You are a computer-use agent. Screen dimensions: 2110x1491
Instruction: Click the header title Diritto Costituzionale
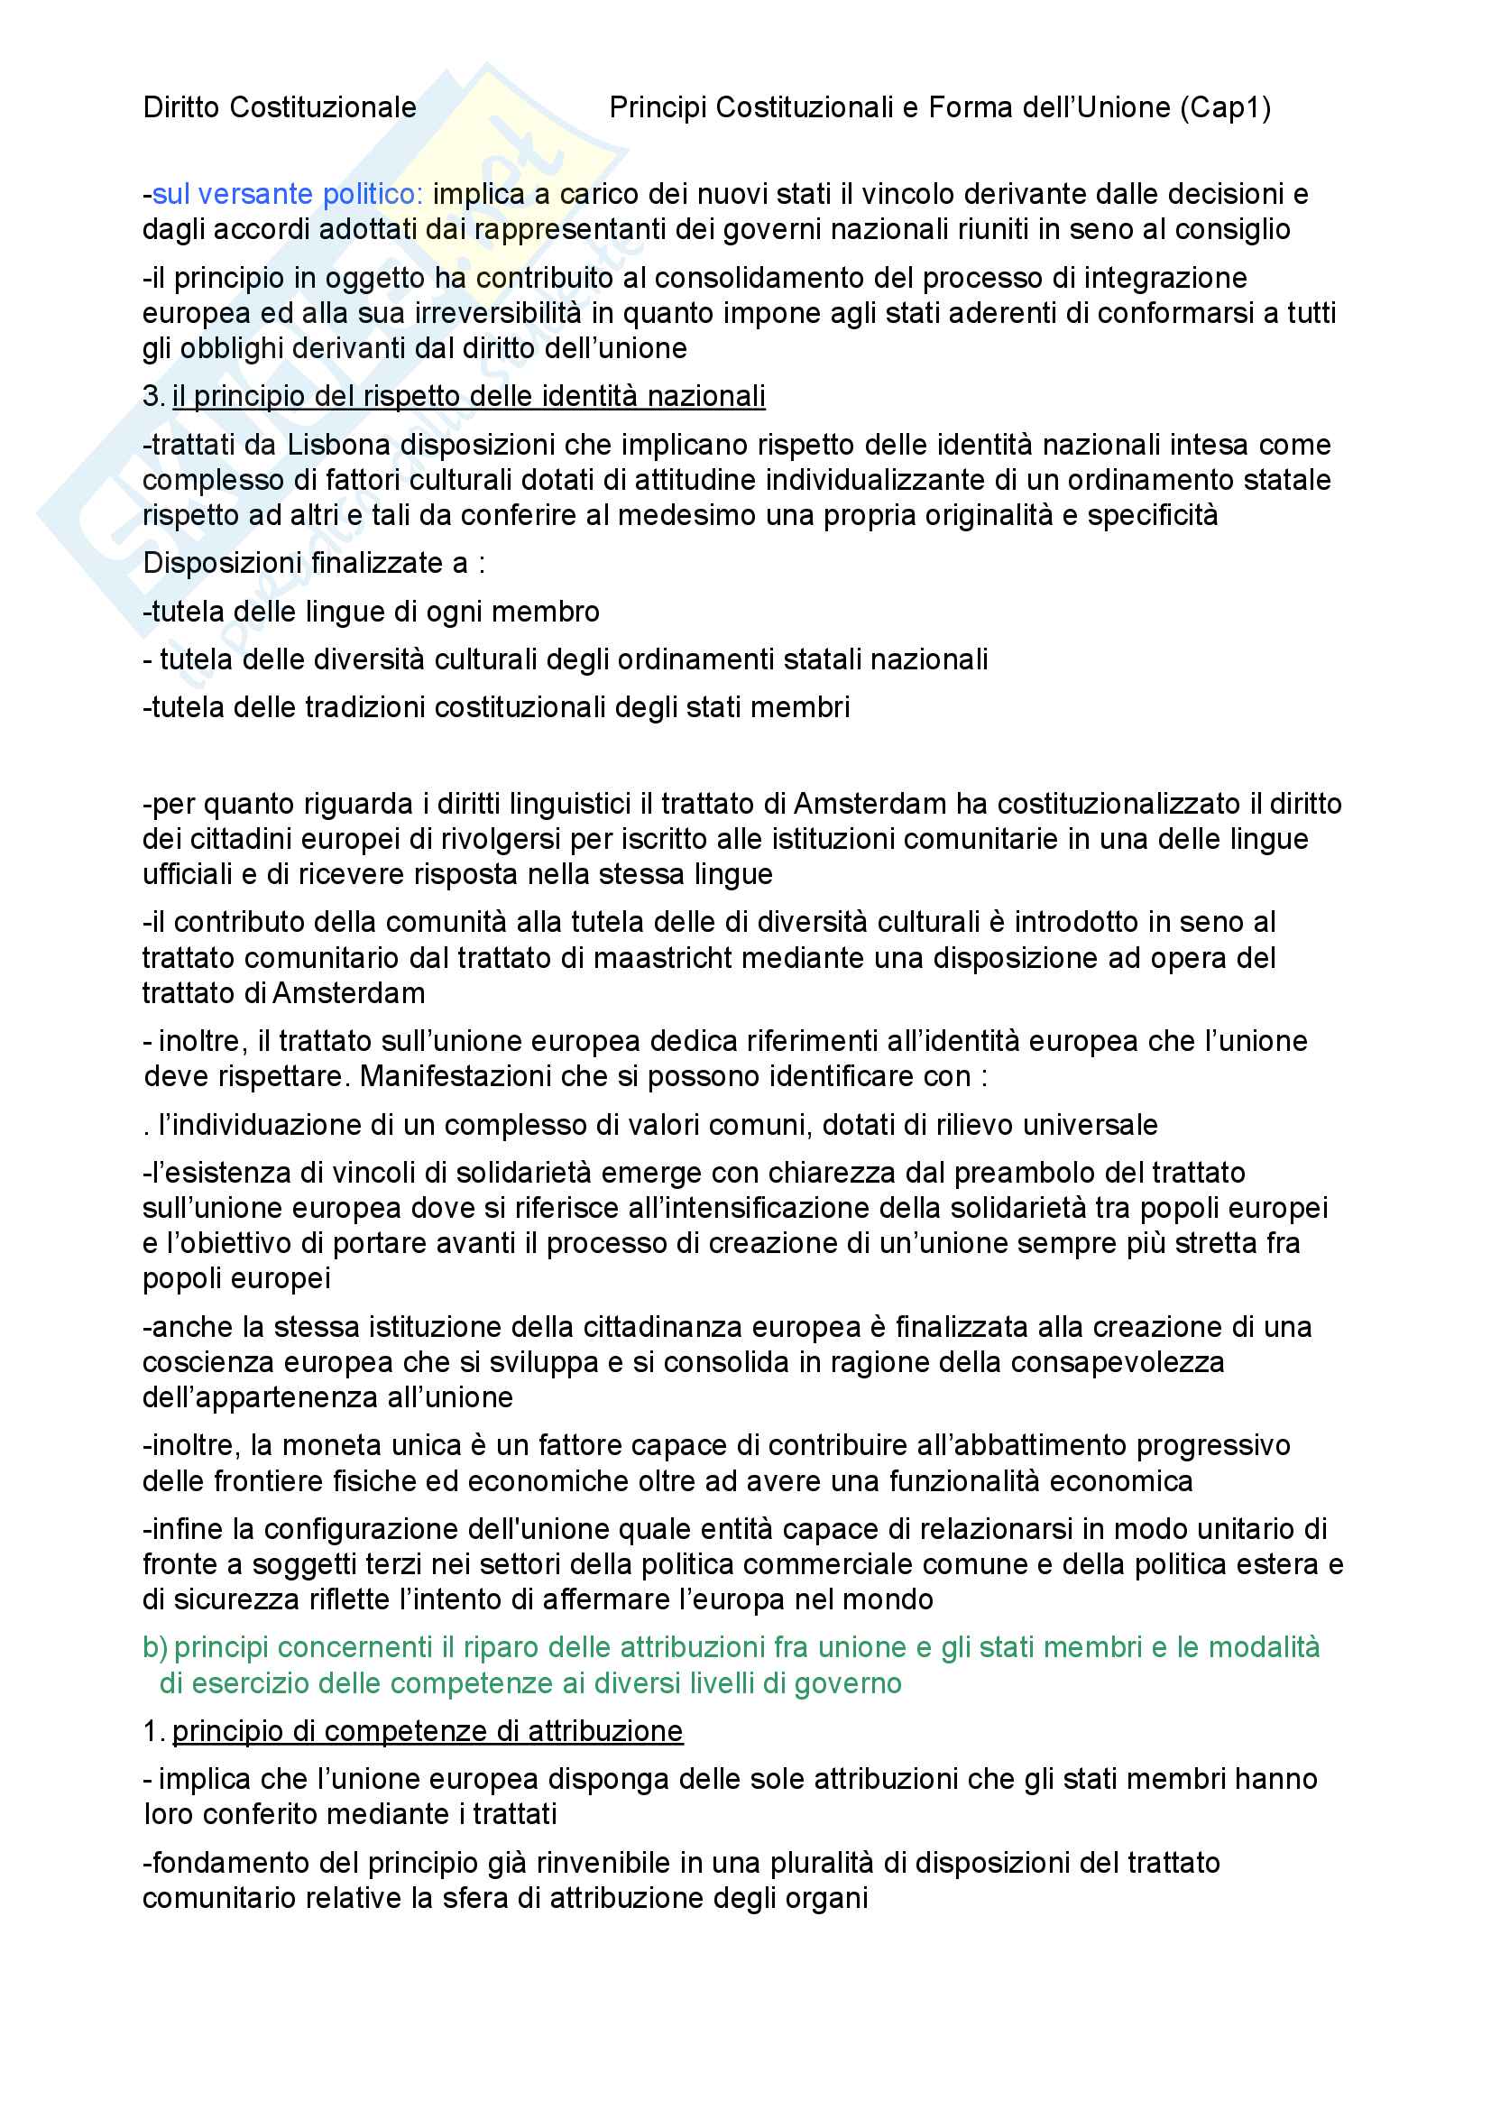(x=280, y=108)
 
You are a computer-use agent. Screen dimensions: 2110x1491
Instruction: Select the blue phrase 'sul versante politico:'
(x=287, y=195)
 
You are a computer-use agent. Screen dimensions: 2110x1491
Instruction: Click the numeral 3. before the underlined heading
(x=152, y=396)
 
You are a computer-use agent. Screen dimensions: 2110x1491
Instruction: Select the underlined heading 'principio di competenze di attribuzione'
(x=428, y=1731)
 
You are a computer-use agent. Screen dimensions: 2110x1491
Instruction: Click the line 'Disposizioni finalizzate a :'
(x=313, y=562)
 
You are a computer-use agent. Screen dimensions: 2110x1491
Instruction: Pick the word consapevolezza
(x=1117, y=1362)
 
